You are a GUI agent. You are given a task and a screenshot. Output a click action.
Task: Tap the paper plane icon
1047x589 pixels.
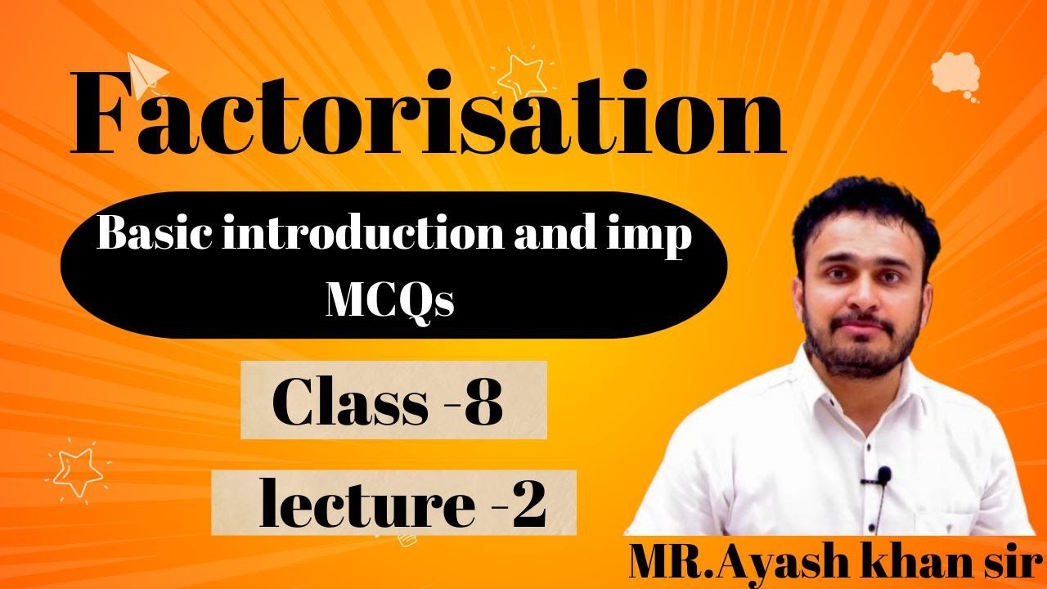point(147,74)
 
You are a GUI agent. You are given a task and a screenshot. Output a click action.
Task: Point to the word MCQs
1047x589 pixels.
point(390,300)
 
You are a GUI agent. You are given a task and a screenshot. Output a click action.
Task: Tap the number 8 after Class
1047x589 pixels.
point(483,404)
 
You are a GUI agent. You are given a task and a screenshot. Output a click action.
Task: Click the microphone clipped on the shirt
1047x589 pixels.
point(883,475)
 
